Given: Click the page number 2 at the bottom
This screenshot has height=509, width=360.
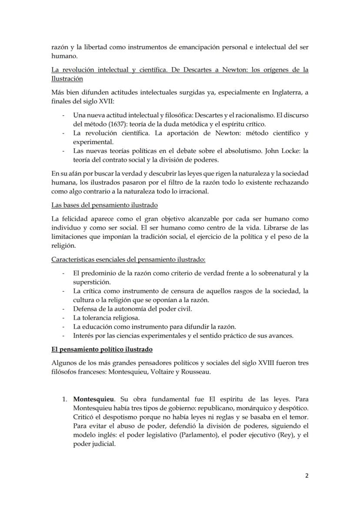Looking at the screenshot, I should coord(307,475).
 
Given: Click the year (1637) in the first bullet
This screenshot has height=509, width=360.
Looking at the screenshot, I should coord(108,123).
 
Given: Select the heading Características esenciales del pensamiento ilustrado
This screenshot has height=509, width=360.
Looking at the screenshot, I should coord(128,259).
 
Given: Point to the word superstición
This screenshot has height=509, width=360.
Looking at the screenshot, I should coord(92,282).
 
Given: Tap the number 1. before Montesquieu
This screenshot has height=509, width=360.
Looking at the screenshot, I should coord(67,399).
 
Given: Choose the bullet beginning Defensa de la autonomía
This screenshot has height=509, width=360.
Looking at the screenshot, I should coord(133,309).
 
